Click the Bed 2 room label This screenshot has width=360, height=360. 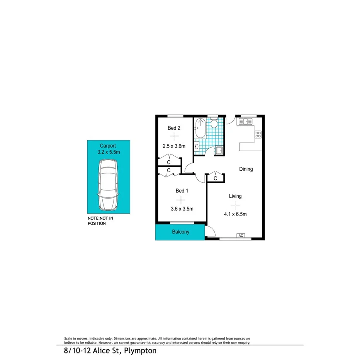[x=174, y=128]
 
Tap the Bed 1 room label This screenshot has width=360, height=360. [x=182, y=191]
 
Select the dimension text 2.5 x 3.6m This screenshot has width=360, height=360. [x=174, y=146]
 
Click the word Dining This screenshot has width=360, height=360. [x=246, y=169]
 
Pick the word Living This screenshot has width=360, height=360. [x=235, y=196]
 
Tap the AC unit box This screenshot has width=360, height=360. [x=241, y=236]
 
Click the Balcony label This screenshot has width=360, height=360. [x=181, y=232]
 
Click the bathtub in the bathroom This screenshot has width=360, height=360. [x=200, y=129]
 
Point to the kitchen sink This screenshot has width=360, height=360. [x=245, y=122]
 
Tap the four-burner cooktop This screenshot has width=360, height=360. [x=258, y=135]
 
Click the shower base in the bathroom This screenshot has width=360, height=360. [x=219, y=151]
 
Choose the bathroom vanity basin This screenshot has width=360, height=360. [x=197, y=146]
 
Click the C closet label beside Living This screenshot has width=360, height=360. [x=216, y=178]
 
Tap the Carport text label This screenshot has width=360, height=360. [x=108, y=146]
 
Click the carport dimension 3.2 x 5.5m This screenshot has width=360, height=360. [x=109, y=152]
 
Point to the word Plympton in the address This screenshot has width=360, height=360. [x=141, y=351]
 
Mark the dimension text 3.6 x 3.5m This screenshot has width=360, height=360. [x=182, y=209]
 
